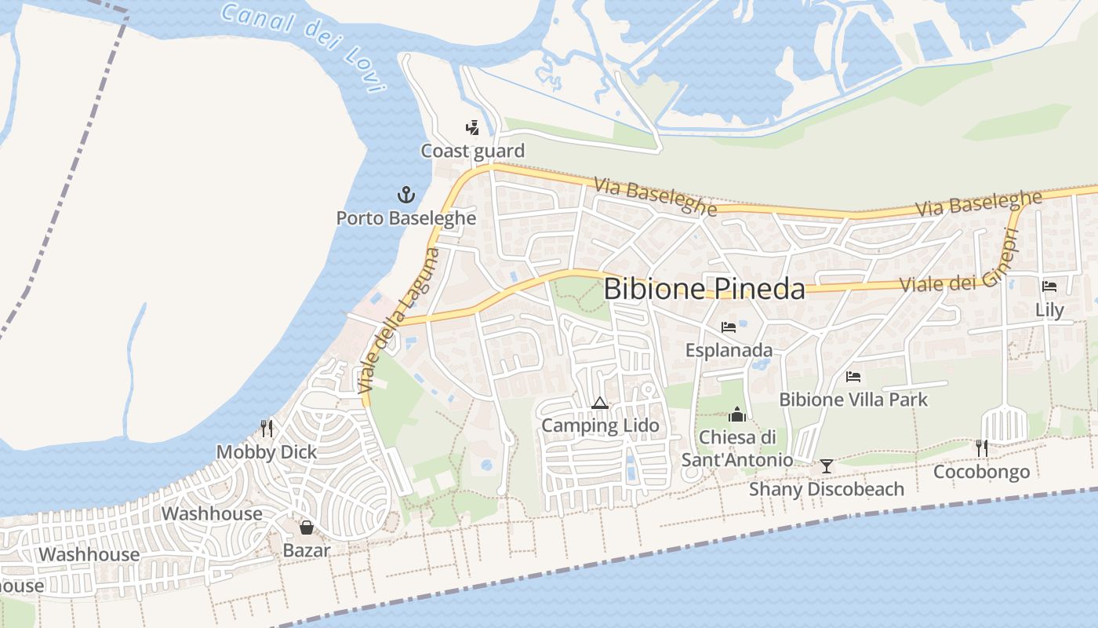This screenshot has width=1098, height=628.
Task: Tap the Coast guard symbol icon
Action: tap(472, 127)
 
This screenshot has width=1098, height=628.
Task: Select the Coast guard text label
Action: tap(472, 151)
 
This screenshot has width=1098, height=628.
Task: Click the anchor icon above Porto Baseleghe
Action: tap(406, 195)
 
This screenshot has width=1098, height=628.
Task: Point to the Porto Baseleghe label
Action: tap(406, 217)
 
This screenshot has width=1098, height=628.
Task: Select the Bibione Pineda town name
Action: tap(704, 289)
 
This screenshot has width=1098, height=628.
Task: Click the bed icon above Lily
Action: tap(1049, 287)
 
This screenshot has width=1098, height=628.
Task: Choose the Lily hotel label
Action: tap(1049, 310)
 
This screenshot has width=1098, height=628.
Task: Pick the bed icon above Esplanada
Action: tap(729, 327)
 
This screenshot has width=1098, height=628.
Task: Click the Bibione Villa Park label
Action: tap(853, 400)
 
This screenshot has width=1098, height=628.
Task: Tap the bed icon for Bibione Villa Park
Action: tap(853, 377)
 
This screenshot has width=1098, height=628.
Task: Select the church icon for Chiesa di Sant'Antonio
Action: tap(737, 414)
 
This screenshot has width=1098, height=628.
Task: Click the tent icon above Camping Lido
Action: tap(600, 403)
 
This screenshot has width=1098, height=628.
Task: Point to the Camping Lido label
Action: tap(600, 426)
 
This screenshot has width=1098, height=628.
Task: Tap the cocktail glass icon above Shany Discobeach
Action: tap(827, 466)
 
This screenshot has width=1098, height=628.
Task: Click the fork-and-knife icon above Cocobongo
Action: tap(981, 448)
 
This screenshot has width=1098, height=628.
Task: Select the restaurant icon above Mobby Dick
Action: tap(267, 429)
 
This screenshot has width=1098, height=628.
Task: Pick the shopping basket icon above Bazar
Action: tap(307, 528)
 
